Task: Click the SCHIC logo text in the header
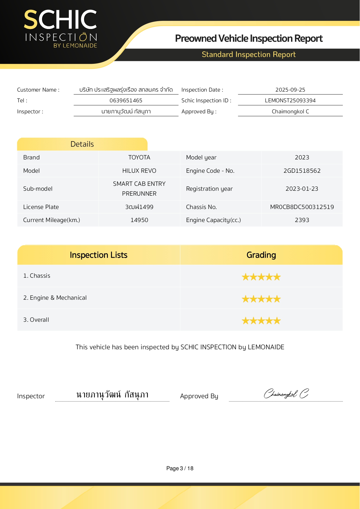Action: pyautogui.click(x=60, y=20)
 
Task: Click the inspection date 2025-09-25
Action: pyautogui.click(x=290, y=90)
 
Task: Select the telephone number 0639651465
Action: pyautogui.click(x=126, y=101)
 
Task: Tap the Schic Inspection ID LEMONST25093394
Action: pyautogui.click(x=290, y=101)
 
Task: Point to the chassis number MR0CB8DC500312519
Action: pyautogui.click(x=302, y=207)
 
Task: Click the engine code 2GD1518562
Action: pyautogui.click(x=302, y=171)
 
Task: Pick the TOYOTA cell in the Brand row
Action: pyautogui.click(x=139, y=157)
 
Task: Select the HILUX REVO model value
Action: pyautogui.click(x=139, y=171)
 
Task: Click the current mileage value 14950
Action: pyautogui.click(x=139, y=220)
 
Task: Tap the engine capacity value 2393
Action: pyautogui.click(x=302, y=220)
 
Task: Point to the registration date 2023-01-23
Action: pyautogui.click(x=302, y=189)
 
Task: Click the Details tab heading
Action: pyautogui.click(x=82, y=144)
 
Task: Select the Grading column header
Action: pyautogui.click(x=261, y=255)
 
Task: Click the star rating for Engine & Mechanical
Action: pyautogui.click(x=261, y=299)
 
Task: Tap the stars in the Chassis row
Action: pyautogui.click(x=261, y=277)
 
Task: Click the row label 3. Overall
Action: pyautogui.click(x=36, y=320)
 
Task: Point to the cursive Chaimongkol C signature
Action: pyautogui.click(x=286, y=394)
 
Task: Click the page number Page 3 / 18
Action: pyautogui.click(x=180, y=468)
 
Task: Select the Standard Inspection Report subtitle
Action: pyautogui.click(x=248, y=54)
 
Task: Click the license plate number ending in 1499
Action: pyautogui.click(x=139, y=207)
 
